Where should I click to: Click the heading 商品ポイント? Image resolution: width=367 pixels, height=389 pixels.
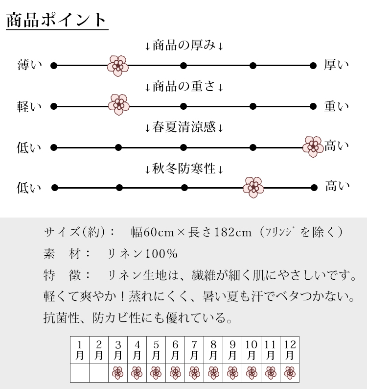click(x=56, y=20)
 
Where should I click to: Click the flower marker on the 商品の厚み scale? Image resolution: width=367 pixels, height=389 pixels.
click(x=117, y=65)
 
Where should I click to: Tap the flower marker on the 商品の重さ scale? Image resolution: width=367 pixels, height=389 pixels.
click(x=118, y=105)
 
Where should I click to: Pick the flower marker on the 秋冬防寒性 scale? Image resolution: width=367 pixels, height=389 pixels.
click(x=253, y=187)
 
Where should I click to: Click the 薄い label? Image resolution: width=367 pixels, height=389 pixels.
click(x=30, y=65)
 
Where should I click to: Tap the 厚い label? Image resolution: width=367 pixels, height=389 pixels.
click(x=336, y=65)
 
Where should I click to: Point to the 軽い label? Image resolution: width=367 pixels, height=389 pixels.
click(x=30, y=106)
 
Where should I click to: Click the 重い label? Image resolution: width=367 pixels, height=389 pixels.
click(x=336, y=106)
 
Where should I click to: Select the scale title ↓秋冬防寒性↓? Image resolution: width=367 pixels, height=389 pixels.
click(x=184, y=170)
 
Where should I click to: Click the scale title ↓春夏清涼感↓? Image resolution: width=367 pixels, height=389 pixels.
click(x=184, y=128)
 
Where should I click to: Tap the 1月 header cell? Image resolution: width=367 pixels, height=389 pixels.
click(x=80, y=350)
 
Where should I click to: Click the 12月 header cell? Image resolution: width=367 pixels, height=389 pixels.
click(x=290, y=350)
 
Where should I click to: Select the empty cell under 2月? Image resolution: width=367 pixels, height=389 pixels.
click(x=99, y=373)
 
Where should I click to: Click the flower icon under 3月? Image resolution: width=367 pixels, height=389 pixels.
click(x=118, y=373)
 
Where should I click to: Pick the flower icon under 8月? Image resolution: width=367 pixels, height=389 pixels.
click(x=213, y=373)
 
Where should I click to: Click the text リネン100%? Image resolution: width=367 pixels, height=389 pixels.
click(x=142, y=254)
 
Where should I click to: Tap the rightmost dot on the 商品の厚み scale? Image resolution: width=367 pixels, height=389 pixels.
click(x=314, y=65)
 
